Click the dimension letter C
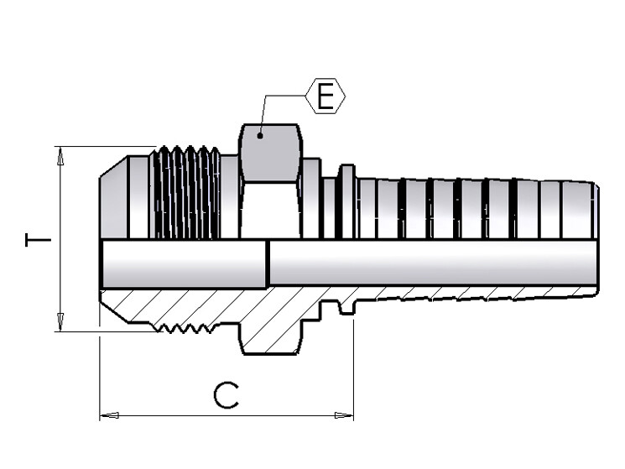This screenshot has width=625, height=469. point(224,394)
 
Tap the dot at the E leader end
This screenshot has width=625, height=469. point(260,133)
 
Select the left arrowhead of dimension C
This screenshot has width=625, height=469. point(107,414)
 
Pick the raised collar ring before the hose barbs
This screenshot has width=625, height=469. point(346,201)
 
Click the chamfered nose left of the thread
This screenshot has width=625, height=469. point(113,197)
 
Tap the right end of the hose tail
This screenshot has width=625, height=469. point(594,239)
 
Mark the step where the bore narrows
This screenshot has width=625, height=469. point(268,263)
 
